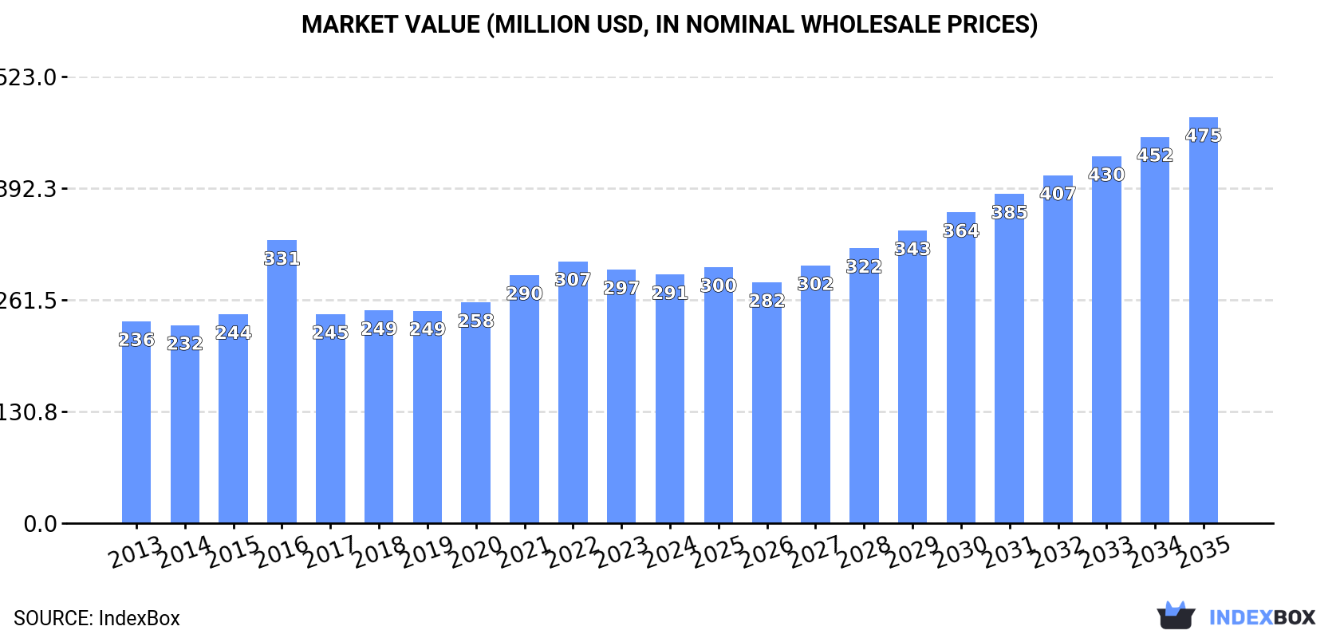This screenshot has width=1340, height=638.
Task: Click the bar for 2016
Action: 282,383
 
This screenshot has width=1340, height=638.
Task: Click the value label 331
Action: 282,258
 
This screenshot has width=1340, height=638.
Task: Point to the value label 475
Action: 1203,136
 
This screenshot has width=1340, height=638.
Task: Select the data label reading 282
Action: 767,301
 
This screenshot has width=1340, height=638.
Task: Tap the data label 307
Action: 573,280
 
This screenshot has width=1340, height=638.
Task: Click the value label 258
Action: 476,321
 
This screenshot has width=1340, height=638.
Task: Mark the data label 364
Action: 960,230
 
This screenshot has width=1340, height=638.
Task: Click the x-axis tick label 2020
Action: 476,552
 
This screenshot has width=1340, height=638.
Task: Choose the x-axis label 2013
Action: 136,552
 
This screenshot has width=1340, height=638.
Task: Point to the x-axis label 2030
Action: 961,552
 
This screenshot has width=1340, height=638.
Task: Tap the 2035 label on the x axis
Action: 1204,552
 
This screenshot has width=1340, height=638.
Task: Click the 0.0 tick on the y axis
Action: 40,524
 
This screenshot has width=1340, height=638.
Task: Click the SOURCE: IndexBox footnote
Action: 97,618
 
